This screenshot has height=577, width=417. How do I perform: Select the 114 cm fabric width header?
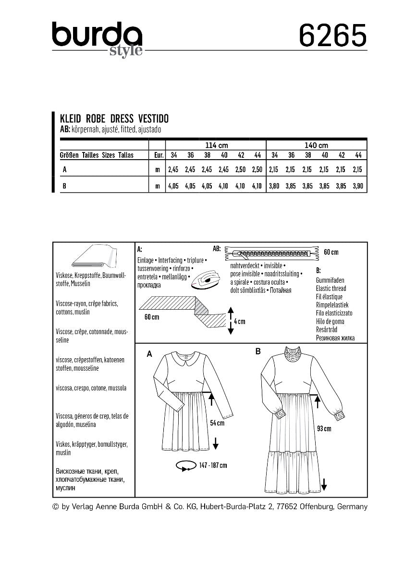tap(215, 145)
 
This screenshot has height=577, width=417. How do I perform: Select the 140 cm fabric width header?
tap(316, 145)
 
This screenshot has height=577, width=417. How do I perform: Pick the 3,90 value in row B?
tap(357, 186)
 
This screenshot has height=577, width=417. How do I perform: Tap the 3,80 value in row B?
tap(274, 186)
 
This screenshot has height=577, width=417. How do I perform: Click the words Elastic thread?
tap(331, 288)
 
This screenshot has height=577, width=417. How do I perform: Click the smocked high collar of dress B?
tap(292, 356)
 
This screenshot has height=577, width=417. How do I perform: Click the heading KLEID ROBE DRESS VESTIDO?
tap(114, 119)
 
